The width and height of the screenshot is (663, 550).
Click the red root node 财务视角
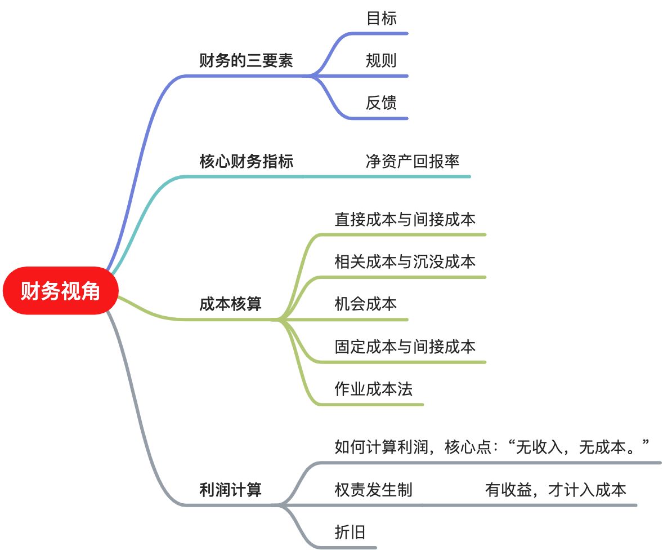click(61, 291)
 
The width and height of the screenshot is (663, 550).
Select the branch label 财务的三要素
click(246, 60)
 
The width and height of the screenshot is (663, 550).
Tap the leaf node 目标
click(381, 18)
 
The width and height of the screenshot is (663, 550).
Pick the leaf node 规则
click(381, 60)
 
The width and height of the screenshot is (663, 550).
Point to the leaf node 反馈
click(381, 103)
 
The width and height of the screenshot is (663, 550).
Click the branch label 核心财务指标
click(246, 162)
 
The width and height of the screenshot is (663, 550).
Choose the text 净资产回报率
click(412, 162)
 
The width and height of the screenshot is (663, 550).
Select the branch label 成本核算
click(230, 304)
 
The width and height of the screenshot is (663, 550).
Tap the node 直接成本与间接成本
click(405, 219)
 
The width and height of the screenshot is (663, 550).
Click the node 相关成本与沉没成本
click(405, 261)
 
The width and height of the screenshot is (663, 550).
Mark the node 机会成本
click(365, 304)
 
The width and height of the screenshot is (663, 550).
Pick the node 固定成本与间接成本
click(405, 346)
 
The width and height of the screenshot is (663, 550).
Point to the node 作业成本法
click(373, 389)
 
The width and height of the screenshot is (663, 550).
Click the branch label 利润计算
click(230, 489)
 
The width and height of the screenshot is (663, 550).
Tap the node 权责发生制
click(373, 489)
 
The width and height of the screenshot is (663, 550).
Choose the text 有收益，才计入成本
click(556, 489)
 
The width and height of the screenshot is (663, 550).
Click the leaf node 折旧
click(350, 532)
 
